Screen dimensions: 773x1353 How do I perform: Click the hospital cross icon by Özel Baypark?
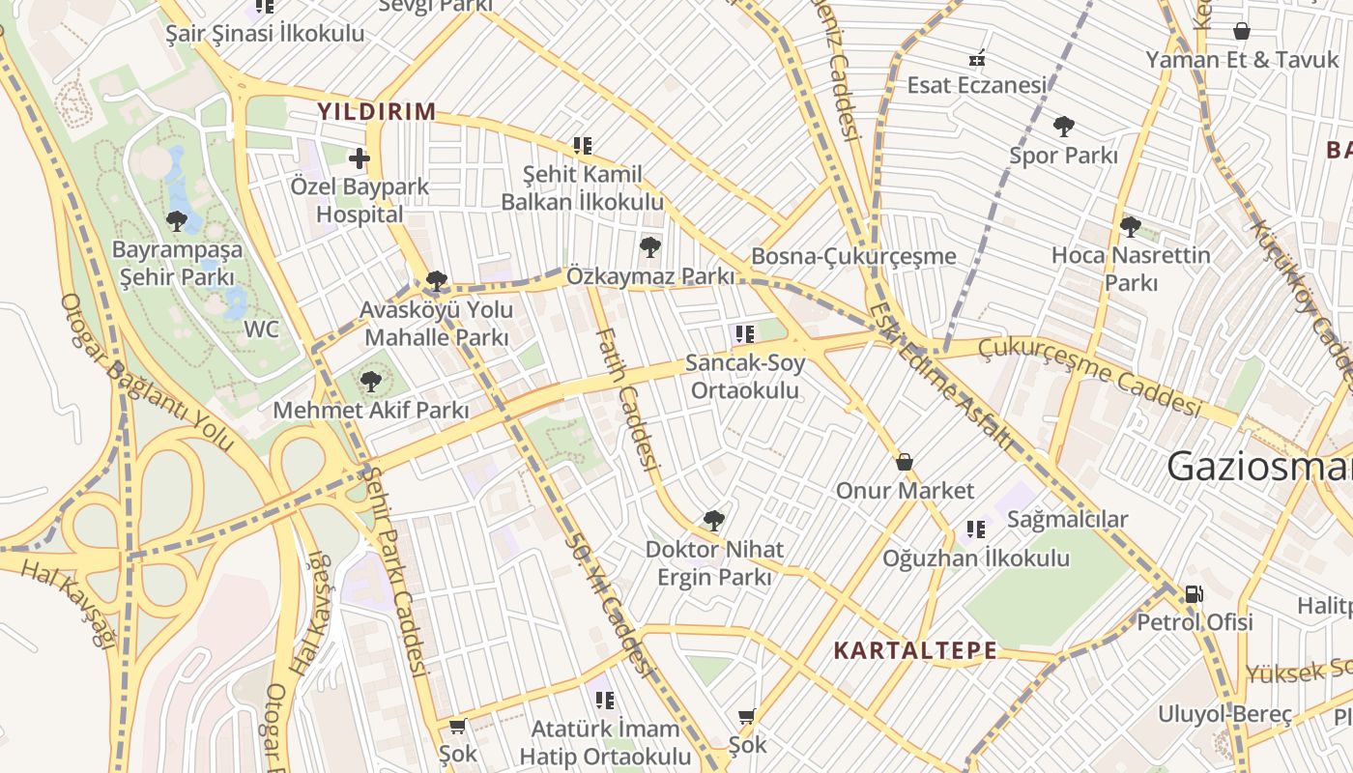(x=360, y=157)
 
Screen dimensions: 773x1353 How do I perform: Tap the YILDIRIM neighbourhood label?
(x=377, y=111)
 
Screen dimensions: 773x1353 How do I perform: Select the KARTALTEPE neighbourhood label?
(x=914, y=650)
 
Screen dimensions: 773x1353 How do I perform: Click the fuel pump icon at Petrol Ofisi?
(x=1195, y=593)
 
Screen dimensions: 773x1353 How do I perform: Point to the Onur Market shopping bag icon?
(x=905, y=462)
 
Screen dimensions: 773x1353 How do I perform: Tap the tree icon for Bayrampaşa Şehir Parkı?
(x=176, y=221)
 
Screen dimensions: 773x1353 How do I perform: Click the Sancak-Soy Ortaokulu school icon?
(x=744, y=334)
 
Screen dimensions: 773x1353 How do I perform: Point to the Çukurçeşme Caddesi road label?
(x=1089, y=376)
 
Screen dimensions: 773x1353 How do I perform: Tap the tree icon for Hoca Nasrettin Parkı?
(x=1130, y=227)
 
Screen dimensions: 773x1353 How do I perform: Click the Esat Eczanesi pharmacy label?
(x=976, y=85)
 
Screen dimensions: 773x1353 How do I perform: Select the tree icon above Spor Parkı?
(x=1063, y=126)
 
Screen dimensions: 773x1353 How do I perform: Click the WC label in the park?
(x=261, y=329)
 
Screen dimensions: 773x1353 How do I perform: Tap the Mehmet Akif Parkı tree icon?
(x=370, y=382)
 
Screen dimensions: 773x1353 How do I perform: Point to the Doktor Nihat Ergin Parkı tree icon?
(x=713, y=521)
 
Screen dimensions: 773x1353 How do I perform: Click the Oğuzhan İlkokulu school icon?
(x=976, y=530)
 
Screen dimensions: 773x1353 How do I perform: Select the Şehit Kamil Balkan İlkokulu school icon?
(x=582, y=146)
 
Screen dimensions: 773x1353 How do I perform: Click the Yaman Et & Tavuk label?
(x=1242, y=59)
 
